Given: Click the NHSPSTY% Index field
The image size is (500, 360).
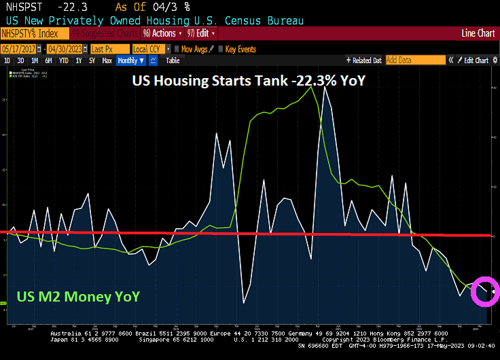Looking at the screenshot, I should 34,33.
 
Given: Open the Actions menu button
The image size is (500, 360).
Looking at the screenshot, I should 163,33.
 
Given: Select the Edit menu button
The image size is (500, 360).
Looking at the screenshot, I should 202,33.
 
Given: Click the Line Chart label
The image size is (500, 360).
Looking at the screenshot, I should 478,33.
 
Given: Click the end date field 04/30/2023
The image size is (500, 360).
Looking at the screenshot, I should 66,49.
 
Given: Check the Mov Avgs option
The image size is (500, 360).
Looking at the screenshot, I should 193,49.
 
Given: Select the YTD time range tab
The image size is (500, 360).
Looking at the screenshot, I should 64,60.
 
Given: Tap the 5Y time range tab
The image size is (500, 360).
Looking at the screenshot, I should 92,60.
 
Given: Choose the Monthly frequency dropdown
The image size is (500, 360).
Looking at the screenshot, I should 131,60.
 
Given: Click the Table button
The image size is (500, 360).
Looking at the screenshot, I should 173,60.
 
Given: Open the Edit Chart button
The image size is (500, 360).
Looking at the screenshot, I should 475,60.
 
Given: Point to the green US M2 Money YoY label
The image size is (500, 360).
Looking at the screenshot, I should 78,296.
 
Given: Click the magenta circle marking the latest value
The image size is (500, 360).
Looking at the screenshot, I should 486,291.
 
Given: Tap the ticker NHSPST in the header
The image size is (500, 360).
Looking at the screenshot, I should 20,6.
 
